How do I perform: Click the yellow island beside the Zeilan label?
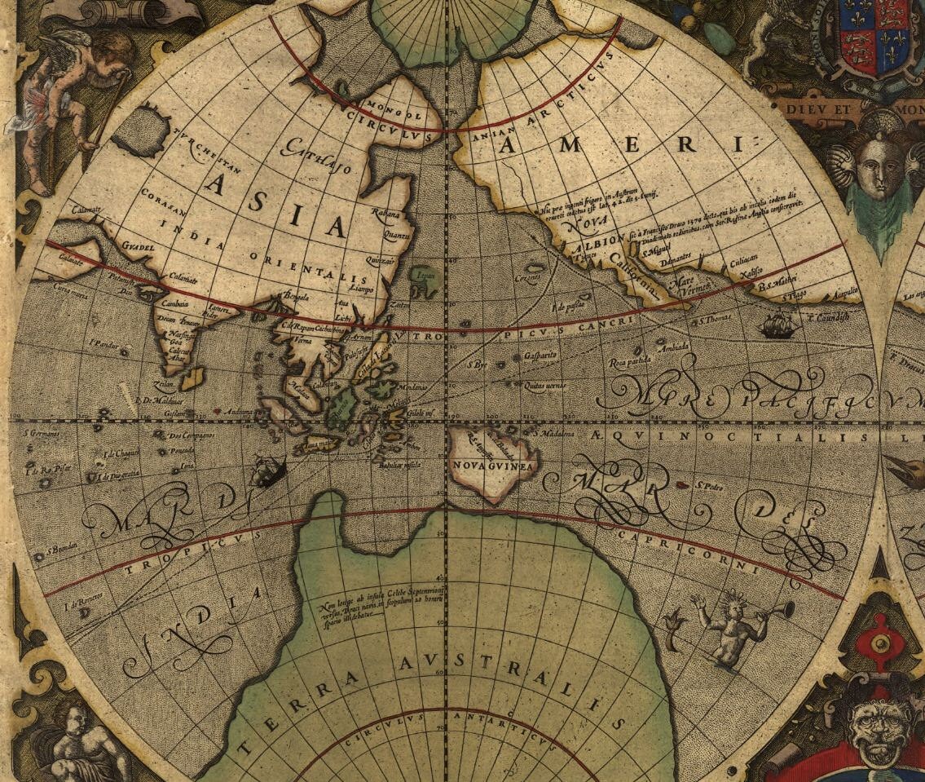(192, 377)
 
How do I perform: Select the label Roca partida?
(630, 360)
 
